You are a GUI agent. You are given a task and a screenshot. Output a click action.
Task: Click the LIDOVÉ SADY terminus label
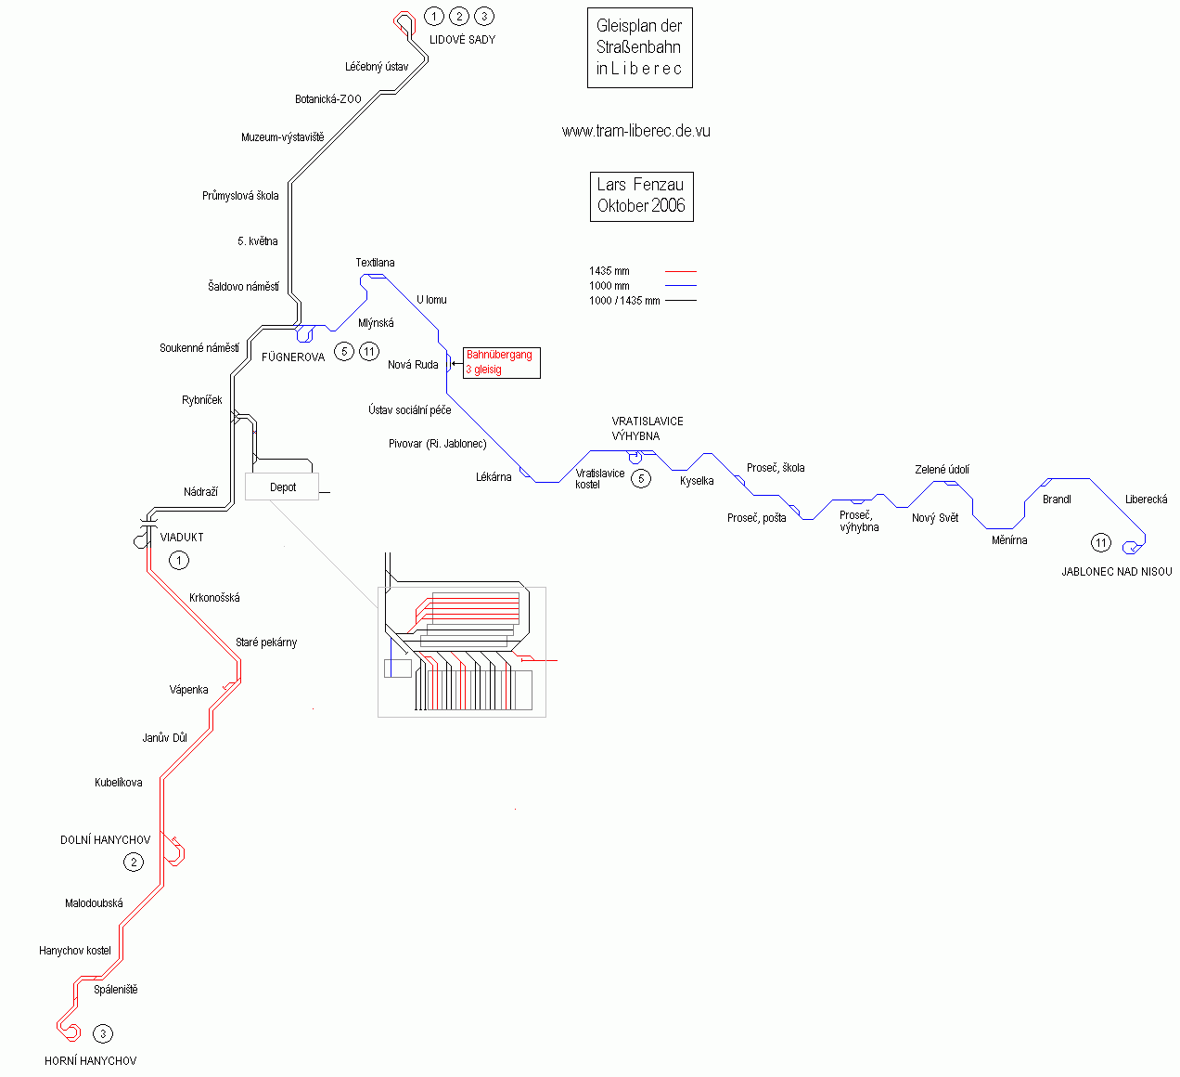pyautogui.click(x=462, y=40)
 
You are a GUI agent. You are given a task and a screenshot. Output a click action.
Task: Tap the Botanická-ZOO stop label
pyautogui.click(x=327, y=99)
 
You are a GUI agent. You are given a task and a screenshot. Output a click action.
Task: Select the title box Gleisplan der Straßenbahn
pyautogui.click(x=639, y=48)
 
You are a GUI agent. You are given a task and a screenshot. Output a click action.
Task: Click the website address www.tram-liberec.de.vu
pyautogui.click(x=635, y=132)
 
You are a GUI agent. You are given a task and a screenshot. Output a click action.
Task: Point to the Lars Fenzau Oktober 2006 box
pyautogui.click(x=641, y=196)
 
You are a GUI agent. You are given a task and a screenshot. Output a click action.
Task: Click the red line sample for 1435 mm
pyautogui.click(x=680, y=271)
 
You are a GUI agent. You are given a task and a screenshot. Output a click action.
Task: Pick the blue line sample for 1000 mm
pyautogui.click(x=680, y=286)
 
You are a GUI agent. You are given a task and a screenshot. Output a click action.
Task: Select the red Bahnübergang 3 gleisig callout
pyautogui.click(x=500, y=362)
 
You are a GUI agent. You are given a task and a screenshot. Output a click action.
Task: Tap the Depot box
pyautogui.click(x=282, y=487)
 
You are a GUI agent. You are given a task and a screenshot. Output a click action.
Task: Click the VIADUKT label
pyautogui.click(x=182, y=538)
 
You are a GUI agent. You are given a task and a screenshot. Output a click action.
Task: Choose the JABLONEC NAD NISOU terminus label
pyautogui.click(x=1116, y=572)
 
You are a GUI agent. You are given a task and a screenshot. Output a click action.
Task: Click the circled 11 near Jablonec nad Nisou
pyautogui.click(x=1100, y=543)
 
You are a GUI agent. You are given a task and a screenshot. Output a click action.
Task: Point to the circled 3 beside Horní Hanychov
pyautogui.click(x=103, y=1033)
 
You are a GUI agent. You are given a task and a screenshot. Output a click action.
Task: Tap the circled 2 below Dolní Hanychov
pyautogui.click(x=134, y=863)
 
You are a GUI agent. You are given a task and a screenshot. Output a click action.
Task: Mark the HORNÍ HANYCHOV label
pyautogui.click(x=90, y=1061)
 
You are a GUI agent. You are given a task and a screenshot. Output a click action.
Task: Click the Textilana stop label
pyautogui.click(x=375, y=263)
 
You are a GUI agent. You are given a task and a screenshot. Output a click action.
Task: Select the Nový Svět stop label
pyautogui.click(x=935, y=518)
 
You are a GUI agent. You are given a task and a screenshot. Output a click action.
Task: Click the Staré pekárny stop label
pyautogui.click(x=266, y=642)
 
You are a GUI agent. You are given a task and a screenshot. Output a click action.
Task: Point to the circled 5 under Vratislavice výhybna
pyautogui.click(x=640, y=479)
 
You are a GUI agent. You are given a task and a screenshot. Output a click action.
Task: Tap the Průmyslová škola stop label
pyautogui.click(x=240, y=196)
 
